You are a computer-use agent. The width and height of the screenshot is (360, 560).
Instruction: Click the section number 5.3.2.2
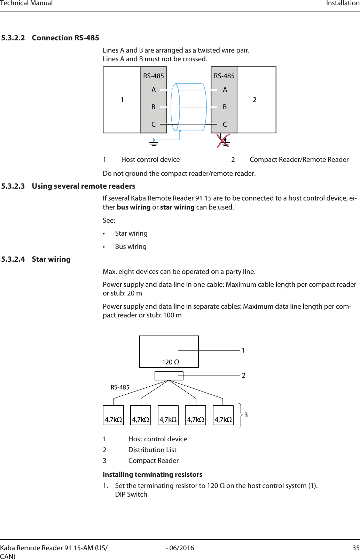coord(13,38)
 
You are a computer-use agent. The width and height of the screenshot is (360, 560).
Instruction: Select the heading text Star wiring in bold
coord(51,259)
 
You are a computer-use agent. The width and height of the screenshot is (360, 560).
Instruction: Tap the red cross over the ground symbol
coord(223,141)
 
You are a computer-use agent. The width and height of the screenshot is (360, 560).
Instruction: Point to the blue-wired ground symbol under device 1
coord(154,142)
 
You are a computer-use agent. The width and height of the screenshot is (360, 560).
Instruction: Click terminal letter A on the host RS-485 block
coord(154,90)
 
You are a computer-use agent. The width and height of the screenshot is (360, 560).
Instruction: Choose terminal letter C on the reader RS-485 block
coord(225,124)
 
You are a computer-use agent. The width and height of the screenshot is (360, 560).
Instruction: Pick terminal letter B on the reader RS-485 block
coord(225,107)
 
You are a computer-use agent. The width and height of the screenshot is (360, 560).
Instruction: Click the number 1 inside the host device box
coord(122,100)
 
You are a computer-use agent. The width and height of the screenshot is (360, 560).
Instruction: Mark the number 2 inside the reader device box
coord(255,100)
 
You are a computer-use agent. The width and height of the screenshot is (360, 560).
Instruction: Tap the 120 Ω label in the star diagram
coord(171,362)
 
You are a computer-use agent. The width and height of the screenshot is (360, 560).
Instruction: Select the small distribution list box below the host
coord(169,376)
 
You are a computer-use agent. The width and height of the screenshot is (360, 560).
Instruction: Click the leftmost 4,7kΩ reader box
coord(114,416)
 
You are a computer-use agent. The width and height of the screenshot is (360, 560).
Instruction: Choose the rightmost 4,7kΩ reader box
coord(223,416)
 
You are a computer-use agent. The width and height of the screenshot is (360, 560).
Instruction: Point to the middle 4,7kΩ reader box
coord(168,416)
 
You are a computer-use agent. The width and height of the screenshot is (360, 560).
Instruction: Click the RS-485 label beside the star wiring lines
coord(120,387)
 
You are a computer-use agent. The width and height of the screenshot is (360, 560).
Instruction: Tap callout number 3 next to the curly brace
coord(246,415)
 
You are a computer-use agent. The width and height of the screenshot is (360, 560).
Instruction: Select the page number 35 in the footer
coord(356,548)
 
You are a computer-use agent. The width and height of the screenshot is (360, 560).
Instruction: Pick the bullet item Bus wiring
coord(131,247)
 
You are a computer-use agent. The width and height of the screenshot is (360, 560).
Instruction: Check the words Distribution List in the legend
coord(152,450)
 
